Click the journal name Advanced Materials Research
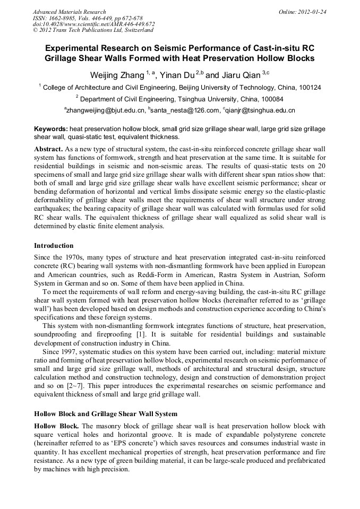coord(69,12)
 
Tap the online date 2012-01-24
coord(312,12)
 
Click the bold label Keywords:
coord(51,129)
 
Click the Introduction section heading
coord(54,246)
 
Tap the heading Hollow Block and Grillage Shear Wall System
coord(106,413)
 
